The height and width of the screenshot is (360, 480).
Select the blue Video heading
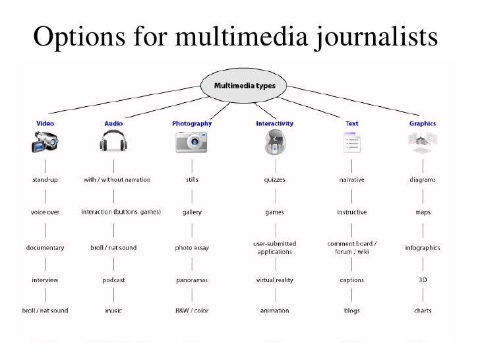pyautogui.click(x=45, y=123)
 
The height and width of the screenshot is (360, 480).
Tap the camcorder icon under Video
pyautogui.click(x=45, y=142)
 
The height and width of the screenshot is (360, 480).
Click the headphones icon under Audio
pyautogui.click(x=113, y=142)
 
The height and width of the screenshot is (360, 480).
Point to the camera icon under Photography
pyautogui.click(x=191, y=142)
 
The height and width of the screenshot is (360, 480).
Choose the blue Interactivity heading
pyautogui.click(x=274, y=123)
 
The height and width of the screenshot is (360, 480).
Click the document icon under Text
pyautogui.click(x=352, y=142)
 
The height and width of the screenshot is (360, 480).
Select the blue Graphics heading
pyautogui.click(x=423, y=123)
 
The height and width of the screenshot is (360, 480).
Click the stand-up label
pyautogui.click(x=45, y=179)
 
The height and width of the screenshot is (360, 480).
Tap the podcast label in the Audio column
pyautogui.click(x=113, y=280)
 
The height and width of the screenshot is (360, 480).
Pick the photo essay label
pyautogui.click(x=191, y=247)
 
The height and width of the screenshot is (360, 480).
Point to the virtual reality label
pyautogui.click(x=274, y=280)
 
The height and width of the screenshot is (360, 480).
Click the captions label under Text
pyautogui.click(x=352, y=280)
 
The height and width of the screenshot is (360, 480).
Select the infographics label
pyautogui.click(x=423, y=247)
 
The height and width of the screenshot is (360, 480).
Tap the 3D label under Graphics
pyautogui.click(x=423, y=280)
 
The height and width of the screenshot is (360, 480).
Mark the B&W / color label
pyautogui.click(x=191, y=311)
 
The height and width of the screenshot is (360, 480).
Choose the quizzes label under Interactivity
pyautogui.click(x=274, y=179)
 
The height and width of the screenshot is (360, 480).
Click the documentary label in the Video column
pyautogui.click(x=45, y=247)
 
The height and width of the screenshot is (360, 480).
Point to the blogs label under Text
pyautogui.click(x=352, y=311)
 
